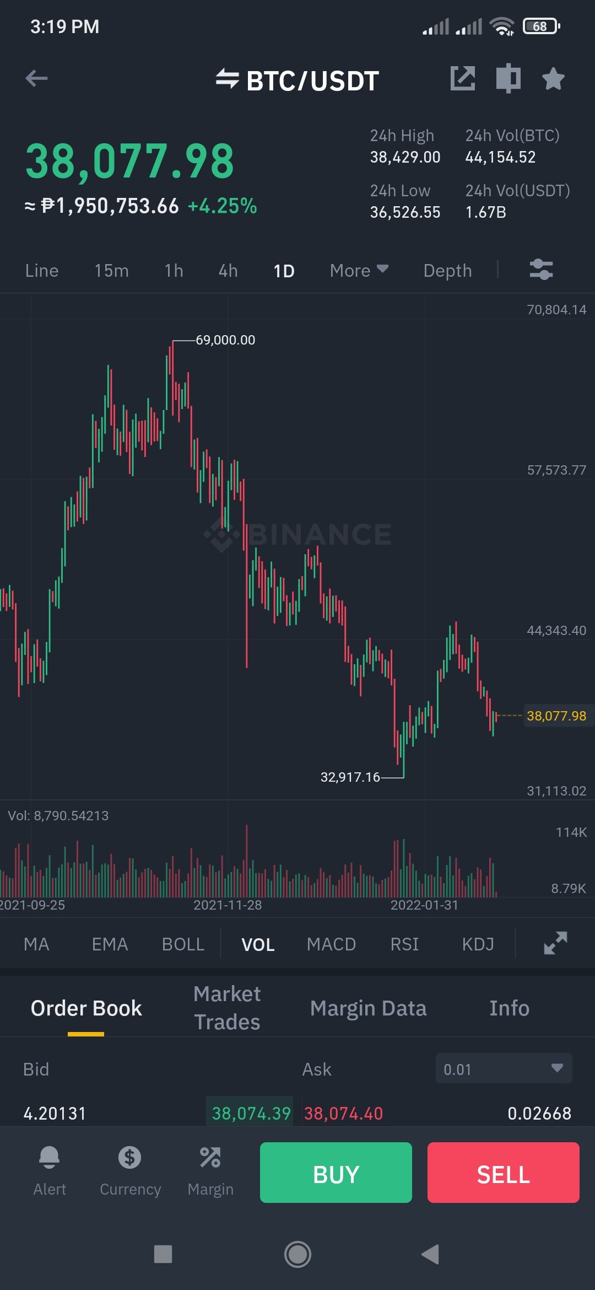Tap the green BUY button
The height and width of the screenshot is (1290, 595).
click(336, 1173)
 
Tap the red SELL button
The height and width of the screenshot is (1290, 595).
click(504, 1173)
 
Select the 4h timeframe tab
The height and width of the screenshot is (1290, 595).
click(228, 271)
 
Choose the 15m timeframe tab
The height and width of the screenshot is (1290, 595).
click(111, 271)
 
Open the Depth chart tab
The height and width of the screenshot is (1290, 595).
click(447, 271)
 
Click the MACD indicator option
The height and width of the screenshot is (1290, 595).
click(331, 944)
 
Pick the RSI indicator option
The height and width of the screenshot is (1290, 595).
click(404, 944)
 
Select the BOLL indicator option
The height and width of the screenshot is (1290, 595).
click(183, 944)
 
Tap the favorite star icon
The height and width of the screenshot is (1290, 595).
click(553, 78)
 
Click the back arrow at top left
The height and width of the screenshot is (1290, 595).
click(36, 78)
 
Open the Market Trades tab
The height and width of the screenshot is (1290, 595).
click(227, 1008)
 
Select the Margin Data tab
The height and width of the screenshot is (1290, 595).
click(368, 1008)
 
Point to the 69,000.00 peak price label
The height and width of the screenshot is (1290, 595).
click(225, 340)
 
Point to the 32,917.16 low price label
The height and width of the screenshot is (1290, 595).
click(350, 777)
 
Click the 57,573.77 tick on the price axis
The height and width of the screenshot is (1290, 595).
click(556, 470)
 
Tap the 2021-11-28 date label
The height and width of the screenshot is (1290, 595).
click(228, 905)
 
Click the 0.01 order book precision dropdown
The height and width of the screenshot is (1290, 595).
click(504, 1068)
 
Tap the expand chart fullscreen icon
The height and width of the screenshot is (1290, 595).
click(555, 943)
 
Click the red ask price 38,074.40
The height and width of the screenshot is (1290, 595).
click(343, 1114)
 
